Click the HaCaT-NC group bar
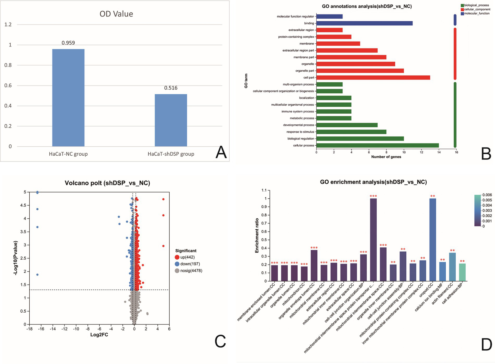coord(68,98)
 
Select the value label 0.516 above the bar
coord(171,88)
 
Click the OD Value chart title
coord(116,14)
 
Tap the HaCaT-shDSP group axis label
coord(171,154)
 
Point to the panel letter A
coord(221,152)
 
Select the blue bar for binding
coord(364,23)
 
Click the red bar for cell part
coord(373,78)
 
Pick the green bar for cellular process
coord(377,145)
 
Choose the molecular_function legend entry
coord(476,14)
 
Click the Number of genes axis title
coord(386,157)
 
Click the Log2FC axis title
coord(99,335)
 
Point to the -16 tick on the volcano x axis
coord(41,329)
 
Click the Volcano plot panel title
coord(107,183)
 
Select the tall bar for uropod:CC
coord(432,240)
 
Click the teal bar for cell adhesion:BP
coord(462,272)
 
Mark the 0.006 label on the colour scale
coord(487,195)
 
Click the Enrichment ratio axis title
coord(257,235)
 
